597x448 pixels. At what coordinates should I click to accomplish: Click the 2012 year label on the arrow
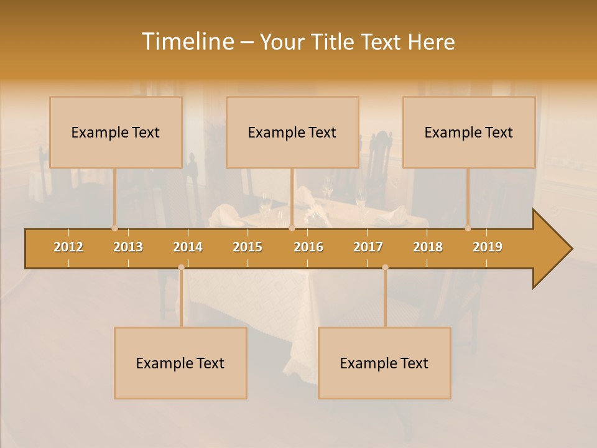pyautogui.click(x=68, y=247)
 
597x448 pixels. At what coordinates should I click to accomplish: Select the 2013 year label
pyautogui.click(x=128, y=247)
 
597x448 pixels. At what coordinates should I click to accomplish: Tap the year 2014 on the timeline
pyautogui.click(x=188, y=247)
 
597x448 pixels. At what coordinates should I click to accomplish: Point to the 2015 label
pyautogui.click(x=248, y=247)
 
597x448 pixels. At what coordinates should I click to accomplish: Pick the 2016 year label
pyautogui.click(x=308, y=247)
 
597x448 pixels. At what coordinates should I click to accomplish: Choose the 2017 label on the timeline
pyautogui.click(x=368, y=247)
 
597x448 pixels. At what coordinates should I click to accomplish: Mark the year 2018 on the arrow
pyautogui.click(x=428, y=247)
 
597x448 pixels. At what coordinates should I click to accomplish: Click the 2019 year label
pyautogui.click(x=488, y=247)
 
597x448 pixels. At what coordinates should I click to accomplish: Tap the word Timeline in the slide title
pyautogui.click(x=187, y=42)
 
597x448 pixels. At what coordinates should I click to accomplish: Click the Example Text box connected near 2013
pyautogui.click(x=116, y=132)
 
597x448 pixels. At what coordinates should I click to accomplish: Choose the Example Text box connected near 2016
pyautogui.click(x=292, y=132)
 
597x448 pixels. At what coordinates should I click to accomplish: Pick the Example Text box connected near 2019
pyautogui.click(x=469, y=132)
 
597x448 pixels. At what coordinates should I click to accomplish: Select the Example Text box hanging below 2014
pyautogui.click(x=180, y=363)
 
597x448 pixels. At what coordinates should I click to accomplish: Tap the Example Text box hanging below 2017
pyautogui.click(x=384, y=363)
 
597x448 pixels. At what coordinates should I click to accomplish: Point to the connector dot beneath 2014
pyautogui.click(x=181, y=268)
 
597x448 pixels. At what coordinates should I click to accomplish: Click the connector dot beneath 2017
pyautogui.click(x=385, y=268)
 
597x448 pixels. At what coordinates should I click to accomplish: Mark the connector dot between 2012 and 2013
pyautogui.click(x=114, y=228)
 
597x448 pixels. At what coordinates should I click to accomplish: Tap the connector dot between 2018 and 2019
pyautogui.click(x=468, y=228)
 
